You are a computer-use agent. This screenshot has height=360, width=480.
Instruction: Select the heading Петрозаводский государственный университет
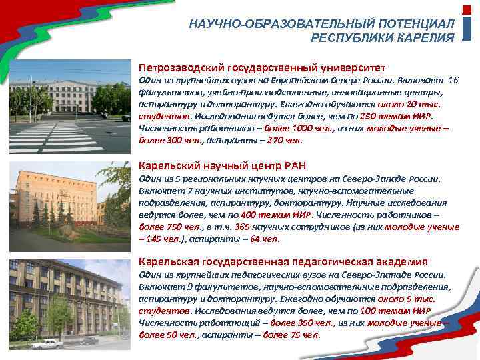[x=261, y=68]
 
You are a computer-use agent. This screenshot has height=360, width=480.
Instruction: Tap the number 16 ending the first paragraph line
[x=453, y=79]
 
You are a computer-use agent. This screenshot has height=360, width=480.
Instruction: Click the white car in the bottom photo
[x=47, y=344]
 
